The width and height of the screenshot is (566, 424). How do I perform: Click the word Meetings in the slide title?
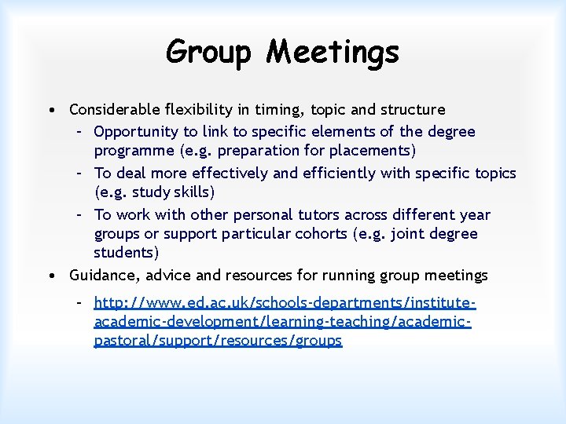[333, 53]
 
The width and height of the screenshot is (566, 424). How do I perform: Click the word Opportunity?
[135, 132]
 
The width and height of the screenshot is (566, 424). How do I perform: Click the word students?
[126, 253]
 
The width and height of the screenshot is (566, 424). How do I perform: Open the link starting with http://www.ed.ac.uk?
[285, 322]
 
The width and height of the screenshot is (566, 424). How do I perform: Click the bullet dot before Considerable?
[50, 110]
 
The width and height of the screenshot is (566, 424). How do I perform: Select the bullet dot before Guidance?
[50, 276]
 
